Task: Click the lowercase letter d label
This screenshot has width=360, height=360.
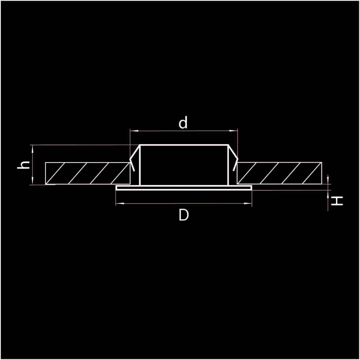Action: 183,122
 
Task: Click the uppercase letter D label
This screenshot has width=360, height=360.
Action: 184,215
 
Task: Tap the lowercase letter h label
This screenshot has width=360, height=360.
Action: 23,165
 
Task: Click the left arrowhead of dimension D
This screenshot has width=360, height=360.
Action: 120,203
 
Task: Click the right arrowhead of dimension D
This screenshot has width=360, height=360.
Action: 248,203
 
